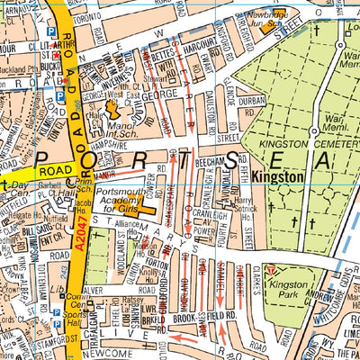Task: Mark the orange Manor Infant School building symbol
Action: pos(112,109)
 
